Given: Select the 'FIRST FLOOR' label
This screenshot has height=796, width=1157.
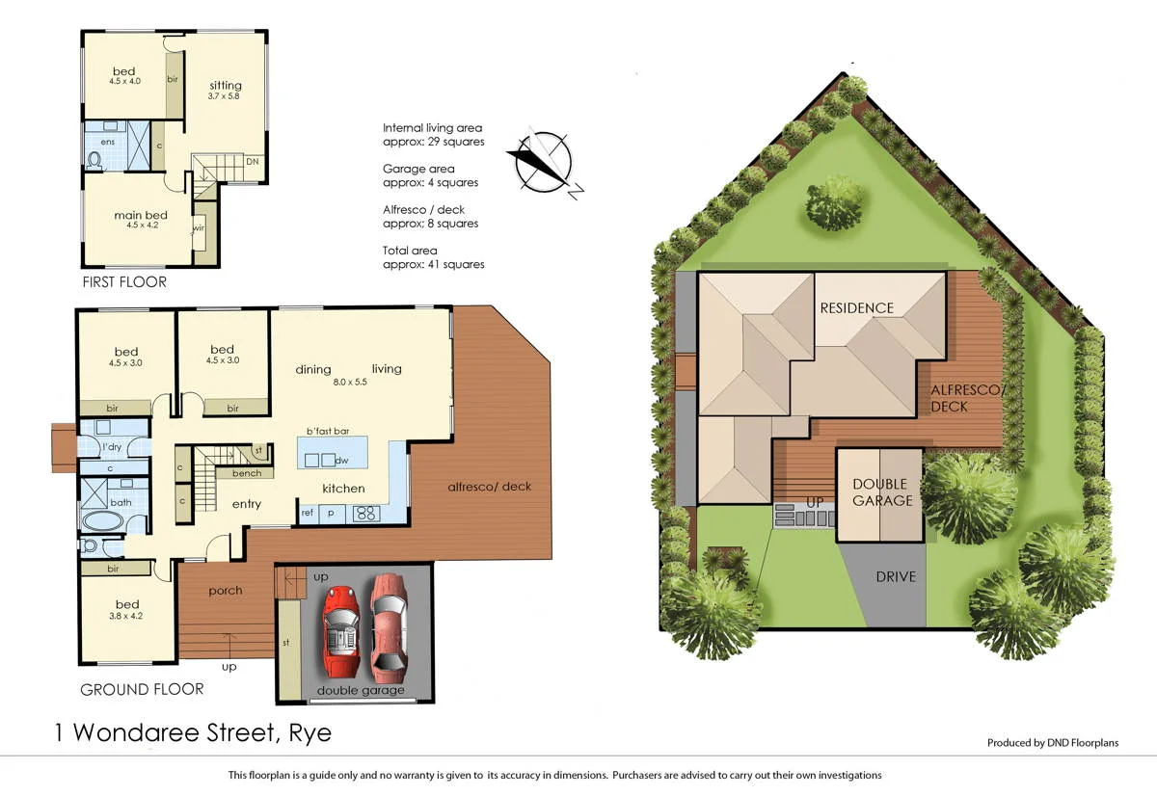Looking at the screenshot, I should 123,282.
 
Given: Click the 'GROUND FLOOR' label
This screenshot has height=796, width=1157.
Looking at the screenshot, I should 142,689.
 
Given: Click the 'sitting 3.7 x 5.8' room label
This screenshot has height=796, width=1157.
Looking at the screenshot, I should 224,91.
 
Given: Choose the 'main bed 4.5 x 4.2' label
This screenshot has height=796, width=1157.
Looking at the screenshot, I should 126,220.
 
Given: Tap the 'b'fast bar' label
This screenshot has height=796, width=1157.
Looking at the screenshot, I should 326,431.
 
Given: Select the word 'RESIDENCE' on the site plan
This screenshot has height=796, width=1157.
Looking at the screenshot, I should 856,308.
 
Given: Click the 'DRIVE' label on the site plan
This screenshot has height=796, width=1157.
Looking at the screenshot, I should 896,577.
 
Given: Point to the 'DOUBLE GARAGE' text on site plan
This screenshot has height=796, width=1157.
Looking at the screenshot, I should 879,492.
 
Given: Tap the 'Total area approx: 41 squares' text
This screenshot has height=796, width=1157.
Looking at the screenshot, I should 433,257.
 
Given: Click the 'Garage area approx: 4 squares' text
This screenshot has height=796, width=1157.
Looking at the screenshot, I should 430,175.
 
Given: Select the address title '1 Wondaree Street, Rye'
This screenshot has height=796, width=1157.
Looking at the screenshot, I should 192,733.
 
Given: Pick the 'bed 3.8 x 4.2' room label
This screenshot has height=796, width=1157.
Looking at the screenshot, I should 126,609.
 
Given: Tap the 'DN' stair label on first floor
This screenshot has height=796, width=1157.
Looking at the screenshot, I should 251,162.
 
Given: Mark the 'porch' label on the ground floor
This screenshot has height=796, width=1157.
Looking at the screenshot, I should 226,591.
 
